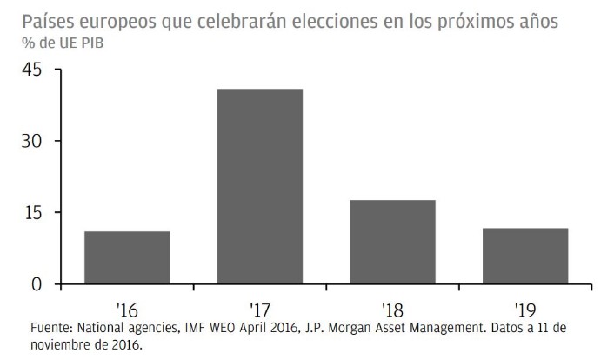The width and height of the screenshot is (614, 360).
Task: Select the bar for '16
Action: (127, 257)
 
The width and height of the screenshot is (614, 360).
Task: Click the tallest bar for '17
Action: (259, 186)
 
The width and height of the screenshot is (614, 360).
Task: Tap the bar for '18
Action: (392, 242)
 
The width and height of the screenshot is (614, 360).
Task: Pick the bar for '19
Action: (524, 256)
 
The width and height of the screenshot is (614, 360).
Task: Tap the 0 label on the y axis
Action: (37, 284)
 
